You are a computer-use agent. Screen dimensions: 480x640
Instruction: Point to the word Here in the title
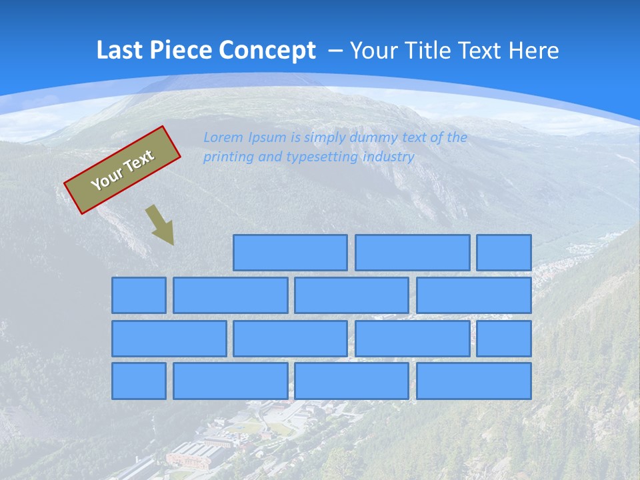click(533, 51)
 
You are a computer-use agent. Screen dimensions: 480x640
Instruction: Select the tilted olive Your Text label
click(123, 170)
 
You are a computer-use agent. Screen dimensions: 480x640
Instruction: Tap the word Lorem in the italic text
click(224, 138)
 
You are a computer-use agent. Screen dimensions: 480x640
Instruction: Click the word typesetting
click(322, 157)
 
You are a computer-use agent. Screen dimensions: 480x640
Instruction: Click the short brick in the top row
click(503, 253)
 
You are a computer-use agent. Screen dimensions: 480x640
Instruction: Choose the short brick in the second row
click(139, 295)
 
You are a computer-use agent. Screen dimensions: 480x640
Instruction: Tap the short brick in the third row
click(503, 338)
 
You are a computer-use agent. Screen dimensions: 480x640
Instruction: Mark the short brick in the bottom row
click(139, 381)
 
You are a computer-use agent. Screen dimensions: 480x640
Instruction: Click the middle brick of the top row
click(412, 253)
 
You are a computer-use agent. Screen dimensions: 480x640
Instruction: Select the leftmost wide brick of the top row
click(290, 253)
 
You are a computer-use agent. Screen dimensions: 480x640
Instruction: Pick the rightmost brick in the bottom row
click(473, 381)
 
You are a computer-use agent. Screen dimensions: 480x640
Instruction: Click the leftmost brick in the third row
click(169, 338)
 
